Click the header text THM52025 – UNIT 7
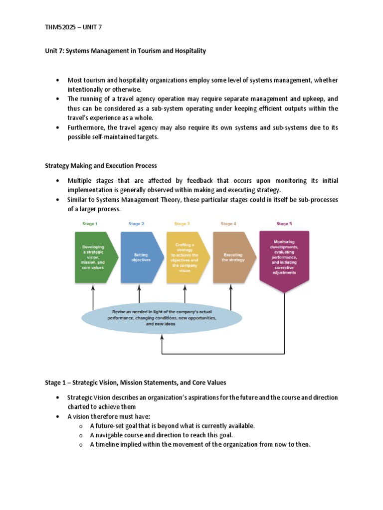(73, 27)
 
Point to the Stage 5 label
(284, 224)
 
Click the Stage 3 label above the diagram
(182, 224)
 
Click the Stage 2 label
(136, 224)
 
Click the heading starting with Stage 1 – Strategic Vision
(135, 382)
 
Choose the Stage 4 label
(228, 224)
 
